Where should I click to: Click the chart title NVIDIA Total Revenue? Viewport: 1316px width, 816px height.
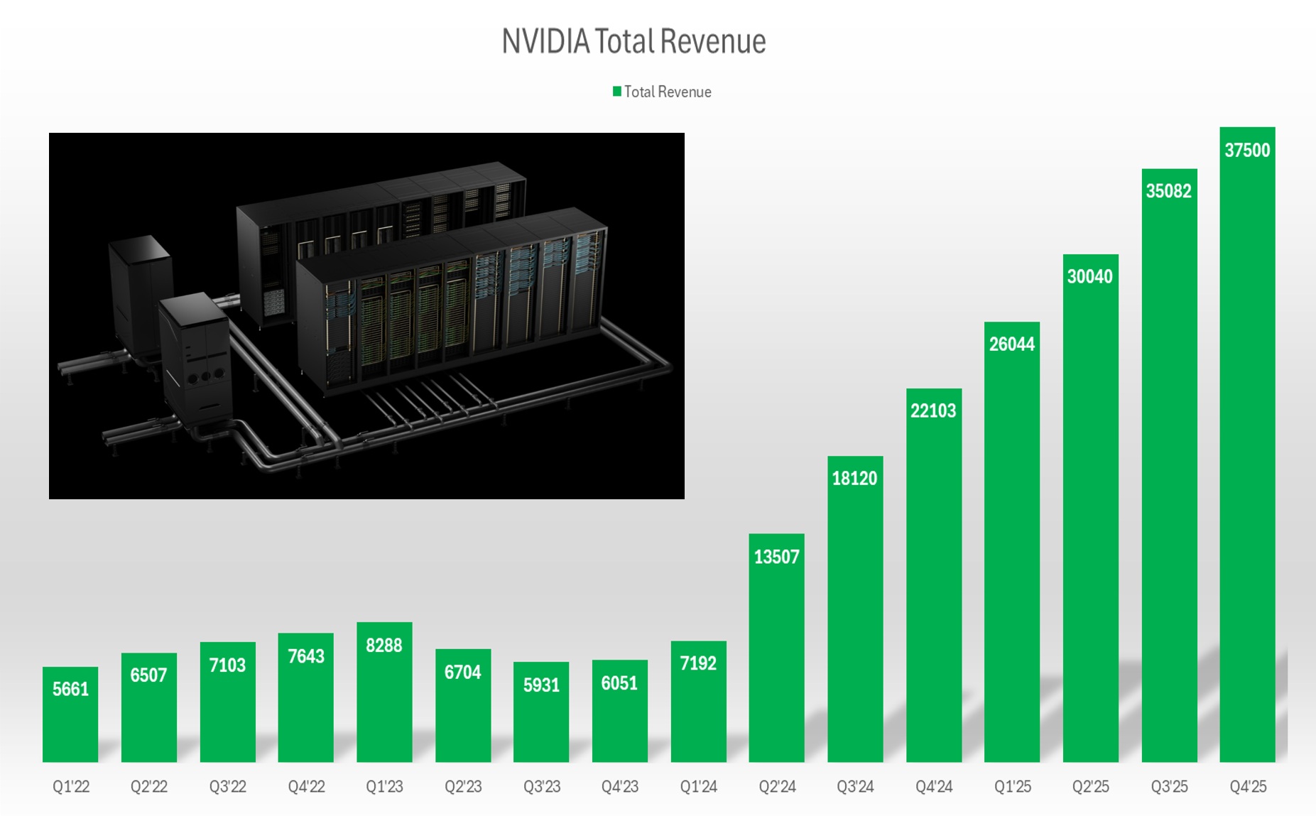tap(633, 41)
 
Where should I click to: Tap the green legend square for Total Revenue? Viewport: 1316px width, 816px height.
tap(617, 91)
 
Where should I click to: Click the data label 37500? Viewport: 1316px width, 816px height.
tap(1247, 150)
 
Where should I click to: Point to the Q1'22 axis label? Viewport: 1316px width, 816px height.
tap(71, 786)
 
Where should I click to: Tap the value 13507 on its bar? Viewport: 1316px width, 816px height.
tap(776, 557)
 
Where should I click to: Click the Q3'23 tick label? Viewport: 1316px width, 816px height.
tap(542, 786)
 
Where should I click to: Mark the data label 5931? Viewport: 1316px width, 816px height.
tap(541, 685)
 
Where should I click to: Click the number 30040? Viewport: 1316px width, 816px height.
tap(1090, 276)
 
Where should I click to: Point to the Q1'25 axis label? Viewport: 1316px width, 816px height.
tap(1012, 786)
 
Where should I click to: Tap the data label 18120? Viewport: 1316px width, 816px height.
tap(854, 478)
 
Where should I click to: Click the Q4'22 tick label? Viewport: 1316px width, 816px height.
tap(306, 786)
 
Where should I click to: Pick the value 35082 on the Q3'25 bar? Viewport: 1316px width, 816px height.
tap(1168, 190)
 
